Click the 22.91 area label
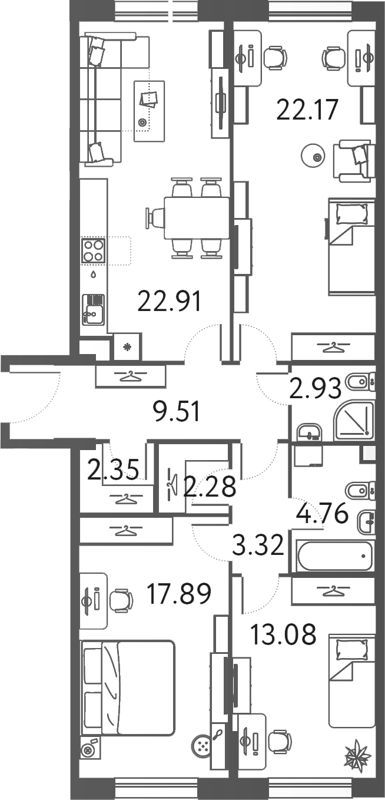[170, 302]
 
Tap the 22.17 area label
[301, 110]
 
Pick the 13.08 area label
[283, 634]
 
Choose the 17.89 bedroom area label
[178, 594]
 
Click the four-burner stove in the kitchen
[93, 250]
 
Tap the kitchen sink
[93, 309]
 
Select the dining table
[197, 218]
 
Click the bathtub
[334, 554]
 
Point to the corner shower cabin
[354, 421]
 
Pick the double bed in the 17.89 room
[128, 687]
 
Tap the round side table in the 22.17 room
[313, 156]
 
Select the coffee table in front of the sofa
[149, 110]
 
